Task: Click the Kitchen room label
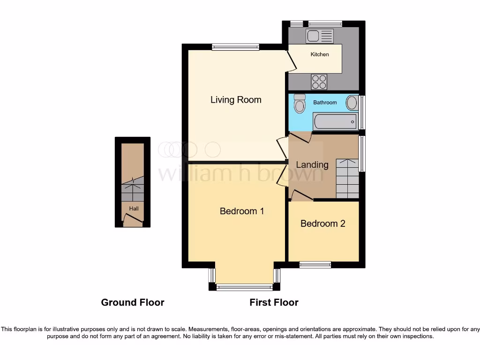coord(320,54)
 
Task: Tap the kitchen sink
coord(320,36)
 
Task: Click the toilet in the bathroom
coord(300,104)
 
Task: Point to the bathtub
coord(335,121)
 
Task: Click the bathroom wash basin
coord(352,103)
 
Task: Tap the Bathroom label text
coord(325,102)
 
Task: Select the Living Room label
coord(236,100)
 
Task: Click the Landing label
coord(312,165)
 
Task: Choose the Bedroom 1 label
coord(242,211)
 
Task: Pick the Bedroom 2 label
coord(323,224)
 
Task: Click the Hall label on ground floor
coord(134,209)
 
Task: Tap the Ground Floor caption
coord(133,302)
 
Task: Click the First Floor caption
coord(274,302)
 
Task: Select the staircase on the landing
coord(347,179)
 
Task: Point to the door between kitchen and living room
coord(291,61)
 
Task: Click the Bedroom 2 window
coord(315,265)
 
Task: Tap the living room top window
coord(235,46)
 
